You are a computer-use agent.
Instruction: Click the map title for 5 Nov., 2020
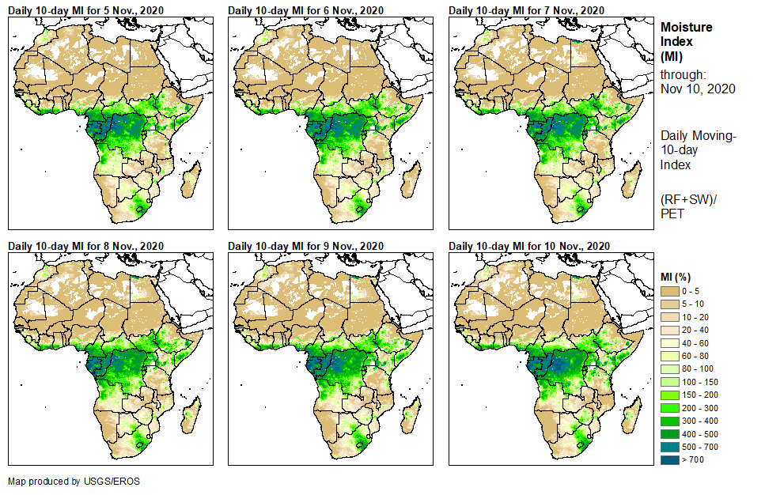pyautogui.click(x=85, y=9)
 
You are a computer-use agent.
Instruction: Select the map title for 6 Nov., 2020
pyautogui.click(x=305, y=9)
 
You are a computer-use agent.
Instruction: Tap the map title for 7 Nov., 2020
pyautogui.click(x=526, y=9)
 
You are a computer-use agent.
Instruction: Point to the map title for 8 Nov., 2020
pyautogui.click(x=85, y=246)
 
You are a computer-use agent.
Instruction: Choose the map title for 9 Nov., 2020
pyautogui.click(x=305, y=246)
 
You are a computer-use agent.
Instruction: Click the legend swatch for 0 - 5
pyautogui.click(x=669, y=292)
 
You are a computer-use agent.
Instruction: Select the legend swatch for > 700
pyautogui.click(x=669, y=459)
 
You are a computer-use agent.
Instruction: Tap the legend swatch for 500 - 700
pyautogui.click(x=669, y=446)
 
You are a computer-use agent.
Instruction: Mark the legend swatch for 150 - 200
pyautogui.click(x=669, y=395)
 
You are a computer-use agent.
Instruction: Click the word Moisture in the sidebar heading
pyautogui.click(x=686, y=27)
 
